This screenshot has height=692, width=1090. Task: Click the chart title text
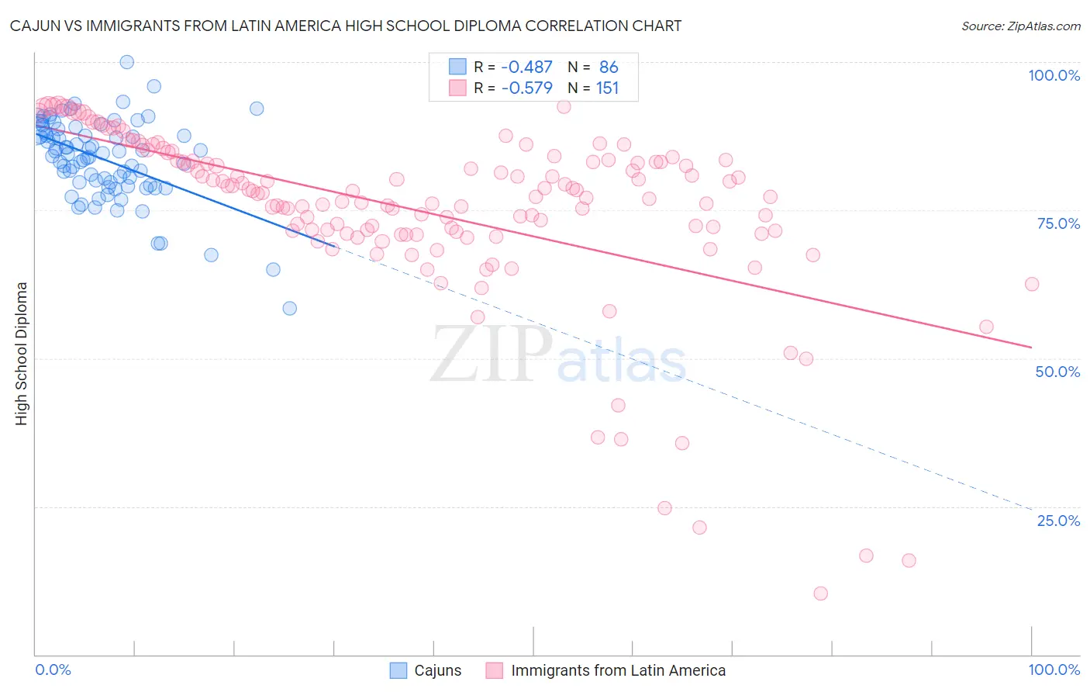click(346, 26)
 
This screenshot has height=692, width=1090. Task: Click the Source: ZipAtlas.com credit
click(1020, 26)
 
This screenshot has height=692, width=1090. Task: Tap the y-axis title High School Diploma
click(22, 353)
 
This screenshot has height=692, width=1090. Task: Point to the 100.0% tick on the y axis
click(1054, 75)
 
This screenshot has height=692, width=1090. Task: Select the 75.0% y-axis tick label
click(1058, 223)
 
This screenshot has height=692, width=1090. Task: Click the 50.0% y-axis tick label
click(1057, 372)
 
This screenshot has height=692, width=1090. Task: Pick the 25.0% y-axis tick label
click(1058, 520)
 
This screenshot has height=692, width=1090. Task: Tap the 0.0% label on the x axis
click(53, 670)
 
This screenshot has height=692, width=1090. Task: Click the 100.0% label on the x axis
click(1054, 670)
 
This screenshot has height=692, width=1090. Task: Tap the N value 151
click(608, 88)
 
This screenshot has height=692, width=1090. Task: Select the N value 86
click(609, 67)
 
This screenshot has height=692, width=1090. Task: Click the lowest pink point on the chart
click(820, 593)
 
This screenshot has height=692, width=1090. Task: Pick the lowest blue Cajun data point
click(289, 308)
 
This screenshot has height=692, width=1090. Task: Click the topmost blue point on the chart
click(126, 62)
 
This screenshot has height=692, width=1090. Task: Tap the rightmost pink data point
click(1031, 284)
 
